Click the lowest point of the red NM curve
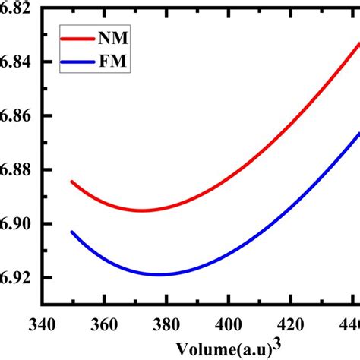(141, 210)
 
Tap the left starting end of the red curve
(71, 182)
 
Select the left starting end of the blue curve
(71, 232)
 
